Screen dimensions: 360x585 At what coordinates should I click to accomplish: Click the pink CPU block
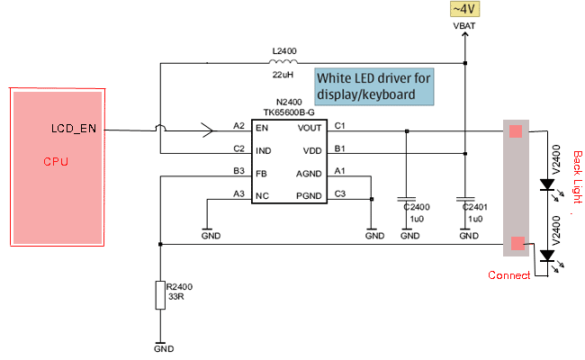[x=54, y=166]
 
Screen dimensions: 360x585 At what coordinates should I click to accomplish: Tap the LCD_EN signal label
[x=74, y=129]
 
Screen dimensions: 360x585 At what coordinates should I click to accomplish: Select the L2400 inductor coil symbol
[x=285, y=62]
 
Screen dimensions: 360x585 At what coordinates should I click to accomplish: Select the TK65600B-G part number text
[x=289, y=113]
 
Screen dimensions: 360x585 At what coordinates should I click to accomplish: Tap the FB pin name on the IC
[x=260, y=171]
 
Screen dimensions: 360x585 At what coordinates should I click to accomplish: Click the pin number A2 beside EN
[x=238, y=125]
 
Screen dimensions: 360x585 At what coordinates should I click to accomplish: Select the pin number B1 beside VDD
[x=339, y=148]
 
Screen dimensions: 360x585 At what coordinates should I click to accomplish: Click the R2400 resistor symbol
[x=159, y=295]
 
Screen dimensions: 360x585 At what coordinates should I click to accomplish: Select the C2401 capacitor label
[x=473, y=206]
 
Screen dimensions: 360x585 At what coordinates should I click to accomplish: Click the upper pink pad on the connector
[x=516, y=131]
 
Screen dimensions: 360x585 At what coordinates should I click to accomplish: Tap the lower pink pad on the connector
[x=516, y=243]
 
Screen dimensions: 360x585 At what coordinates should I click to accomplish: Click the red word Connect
[x=508, y=275]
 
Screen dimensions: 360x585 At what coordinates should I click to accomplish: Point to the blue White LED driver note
[x=373, y=86]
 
